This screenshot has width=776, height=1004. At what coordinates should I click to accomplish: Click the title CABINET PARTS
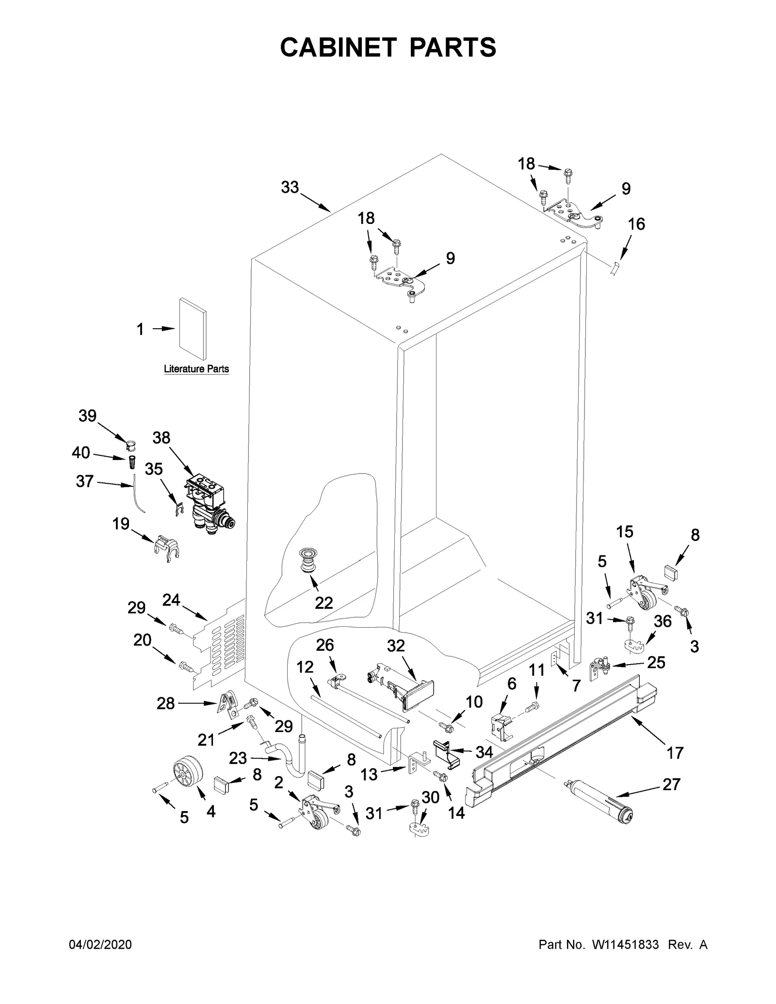coord(388,48)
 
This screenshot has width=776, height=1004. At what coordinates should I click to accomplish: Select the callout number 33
coord(290,187)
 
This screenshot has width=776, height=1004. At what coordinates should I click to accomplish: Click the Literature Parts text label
coord(196,369)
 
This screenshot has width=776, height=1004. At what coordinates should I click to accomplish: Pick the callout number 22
coord(323,603)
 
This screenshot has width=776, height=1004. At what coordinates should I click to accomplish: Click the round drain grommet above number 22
coord(307,560)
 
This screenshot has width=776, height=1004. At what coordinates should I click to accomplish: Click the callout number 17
coord(675,752)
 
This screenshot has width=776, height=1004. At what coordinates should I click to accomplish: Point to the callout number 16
coord(636,224)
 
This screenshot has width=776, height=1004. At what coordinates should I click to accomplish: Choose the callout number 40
coord(81,453)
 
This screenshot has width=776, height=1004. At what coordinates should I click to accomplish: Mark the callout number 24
coord(171,600)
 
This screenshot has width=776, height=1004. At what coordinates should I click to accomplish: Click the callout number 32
coord(396,646)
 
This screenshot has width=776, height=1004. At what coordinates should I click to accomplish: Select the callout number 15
coord(625,532)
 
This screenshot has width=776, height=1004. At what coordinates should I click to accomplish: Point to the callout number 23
coord(238,758)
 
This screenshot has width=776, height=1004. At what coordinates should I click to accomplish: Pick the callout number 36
coord(663,622)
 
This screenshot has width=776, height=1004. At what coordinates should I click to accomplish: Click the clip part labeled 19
coord(166,548)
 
